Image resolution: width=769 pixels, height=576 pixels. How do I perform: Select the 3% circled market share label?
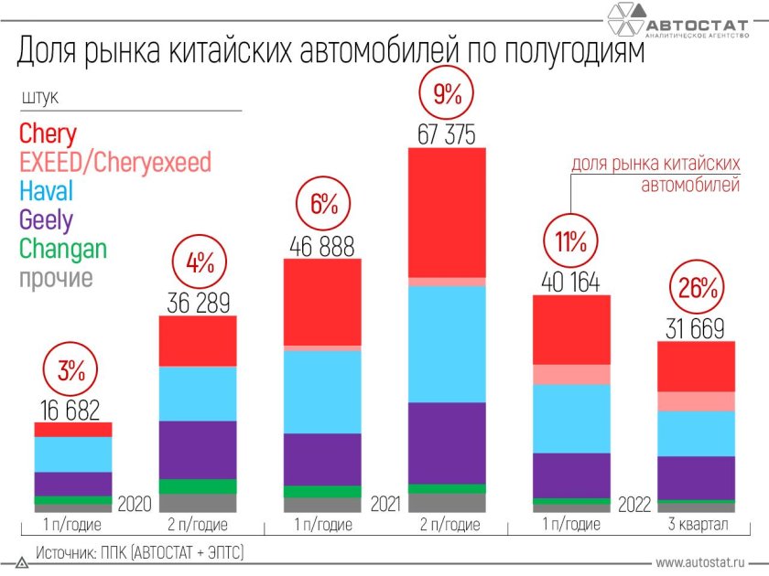72,370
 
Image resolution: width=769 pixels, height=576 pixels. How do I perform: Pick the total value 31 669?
696,329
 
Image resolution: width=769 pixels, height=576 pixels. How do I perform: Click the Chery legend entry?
48,133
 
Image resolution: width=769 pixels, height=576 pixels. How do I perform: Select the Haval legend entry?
46,191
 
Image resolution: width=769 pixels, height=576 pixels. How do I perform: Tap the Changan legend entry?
62,248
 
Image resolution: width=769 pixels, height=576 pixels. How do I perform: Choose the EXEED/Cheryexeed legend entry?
114,163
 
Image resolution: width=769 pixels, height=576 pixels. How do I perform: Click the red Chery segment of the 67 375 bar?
447,211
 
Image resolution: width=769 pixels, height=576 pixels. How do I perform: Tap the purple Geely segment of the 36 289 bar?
199,449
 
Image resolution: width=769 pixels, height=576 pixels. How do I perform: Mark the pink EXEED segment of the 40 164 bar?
571,374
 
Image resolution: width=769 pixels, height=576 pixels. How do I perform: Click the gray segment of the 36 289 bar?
199,503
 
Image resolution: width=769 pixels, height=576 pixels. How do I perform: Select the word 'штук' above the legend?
38,97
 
